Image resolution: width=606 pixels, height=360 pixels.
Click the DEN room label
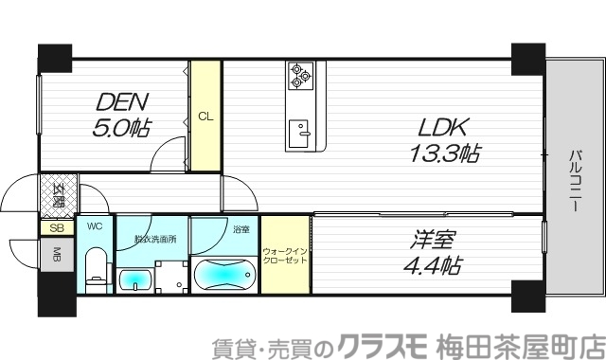click(x=121, y=100)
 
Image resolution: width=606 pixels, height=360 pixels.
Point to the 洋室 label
click(x=432, y=240)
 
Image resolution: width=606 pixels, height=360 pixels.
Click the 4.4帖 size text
click(x=432, y=265)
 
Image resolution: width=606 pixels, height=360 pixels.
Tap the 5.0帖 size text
click(x=121, y=125)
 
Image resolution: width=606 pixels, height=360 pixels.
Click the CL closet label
click(x=205, y=117)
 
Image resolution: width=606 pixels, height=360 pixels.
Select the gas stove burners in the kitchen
click(x=301, y=76)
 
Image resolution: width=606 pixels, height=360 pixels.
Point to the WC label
click(x=95, y=227)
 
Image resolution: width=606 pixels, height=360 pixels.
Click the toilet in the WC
click(x=96, y=268)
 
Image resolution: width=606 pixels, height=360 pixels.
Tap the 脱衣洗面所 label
click(x=153, y=240)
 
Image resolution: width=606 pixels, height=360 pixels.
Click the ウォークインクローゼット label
click(x=285, y=256)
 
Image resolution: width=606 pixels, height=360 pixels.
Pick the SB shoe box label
click(x=56, y=228)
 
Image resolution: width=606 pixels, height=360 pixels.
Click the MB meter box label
click(x=56, y=255)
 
